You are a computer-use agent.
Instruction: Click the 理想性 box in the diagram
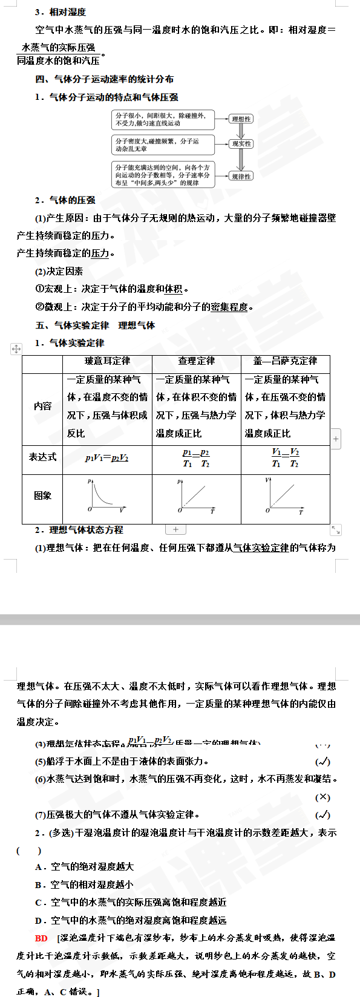click(241, 119)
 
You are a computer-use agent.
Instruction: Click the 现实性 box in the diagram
click(241, 144)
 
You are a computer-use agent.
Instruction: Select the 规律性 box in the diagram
click(241, 176)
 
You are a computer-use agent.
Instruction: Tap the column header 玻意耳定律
click(107, 361)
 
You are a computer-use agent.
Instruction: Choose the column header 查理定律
click(196, 361)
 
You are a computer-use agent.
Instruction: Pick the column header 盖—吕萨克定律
click(285, 361)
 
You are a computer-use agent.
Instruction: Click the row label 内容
click(42, 406)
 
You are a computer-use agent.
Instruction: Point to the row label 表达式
click(42, 457)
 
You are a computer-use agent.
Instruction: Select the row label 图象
click(42, 495)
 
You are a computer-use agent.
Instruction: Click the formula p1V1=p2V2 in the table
click(107, 458)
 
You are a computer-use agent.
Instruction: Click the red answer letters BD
click(41, 938)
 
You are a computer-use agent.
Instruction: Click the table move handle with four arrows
click(16, 348)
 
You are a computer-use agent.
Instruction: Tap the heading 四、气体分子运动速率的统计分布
click(104, 79)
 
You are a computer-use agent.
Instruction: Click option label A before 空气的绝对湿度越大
click(38, 867)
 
